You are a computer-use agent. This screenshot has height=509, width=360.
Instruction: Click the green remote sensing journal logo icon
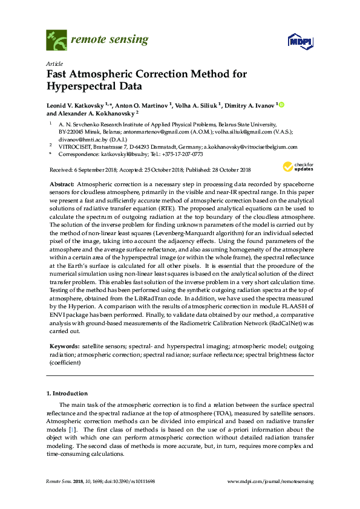57,41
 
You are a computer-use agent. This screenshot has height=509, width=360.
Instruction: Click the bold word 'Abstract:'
61,183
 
